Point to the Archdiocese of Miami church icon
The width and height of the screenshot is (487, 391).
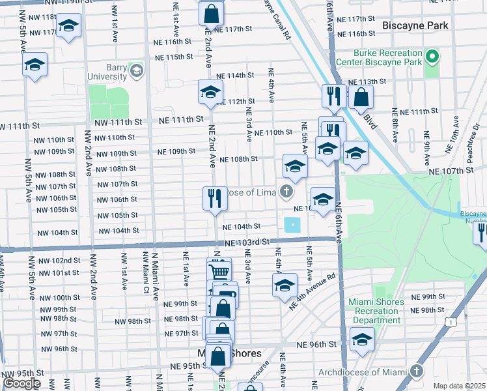pos(417,373)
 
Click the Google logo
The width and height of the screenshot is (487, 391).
pos(21,383)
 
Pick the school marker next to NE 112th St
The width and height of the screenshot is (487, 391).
pos(210,92)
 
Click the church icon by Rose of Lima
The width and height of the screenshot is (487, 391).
pos(285,192)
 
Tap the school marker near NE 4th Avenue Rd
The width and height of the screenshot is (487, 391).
pos(284,285)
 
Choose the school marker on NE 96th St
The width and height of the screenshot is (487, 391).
pos(362,339)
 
